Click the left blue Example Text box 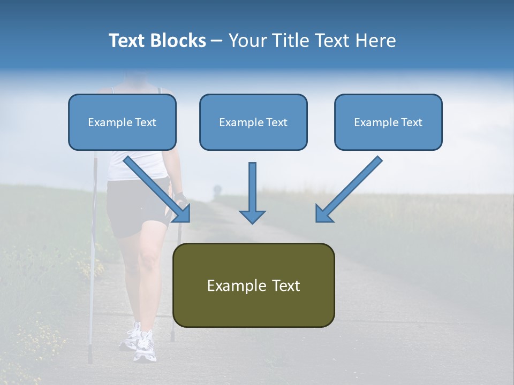tap(122, 122)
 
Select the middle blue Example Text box tap(253, 122)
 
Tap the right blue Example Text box tap(388, 122)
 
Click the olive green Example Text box tap(253, 285)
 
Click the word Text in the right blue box tap(412, 122)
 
